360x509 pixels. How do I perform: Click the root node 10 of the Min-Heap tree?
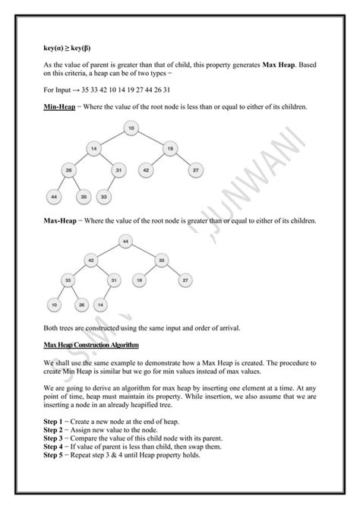[x=131, y=128]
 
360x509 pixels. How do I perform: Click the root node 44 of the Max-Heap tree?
[x=125, y=241]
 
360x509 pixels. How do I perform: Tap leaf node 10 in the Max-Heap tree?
[x=55, y=306]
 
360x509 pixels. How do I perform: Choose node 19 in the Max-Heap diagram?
[x=139, y=280]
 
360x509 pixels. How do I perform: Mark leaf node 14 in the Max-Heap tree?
[x=101, y=306]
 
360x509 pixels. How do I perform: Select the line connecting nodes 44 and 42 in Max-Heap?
[x=107, y=250]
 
